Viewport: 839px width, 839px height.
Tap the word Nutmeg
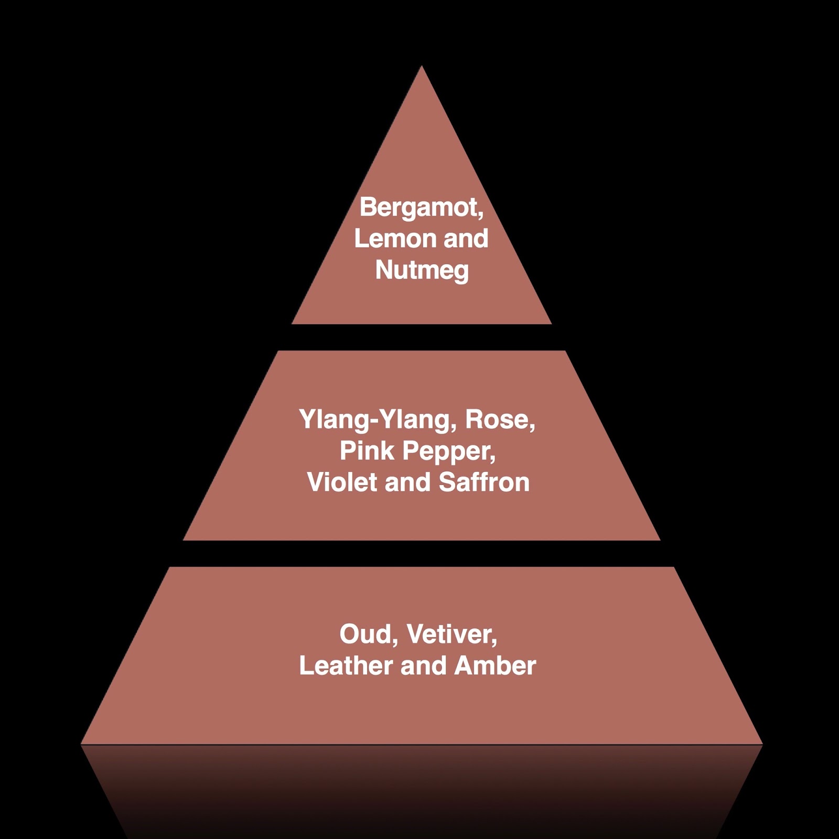click(422, 270)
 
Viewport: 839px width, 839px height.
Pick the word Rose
click(499, 419)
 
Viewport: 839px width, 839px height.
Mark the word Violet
click(342, 482)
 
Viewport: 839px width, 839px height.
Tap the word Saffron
click(484, 482)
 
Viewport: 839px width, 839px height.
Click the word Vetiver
click(451, 634)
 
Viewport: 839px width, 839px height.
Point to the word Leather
click(346, 666)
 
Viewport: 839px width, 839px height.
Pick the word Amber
click(495, 666)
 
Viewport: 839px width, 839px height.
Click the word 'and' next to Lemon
click(466, 239)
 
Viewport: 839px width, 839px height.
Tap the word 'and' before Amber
click(423, 666)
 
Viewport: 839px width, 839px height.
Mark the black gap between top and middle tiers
click(422, 337)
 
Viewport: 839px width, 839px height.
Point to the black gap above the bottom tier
click(422, 553)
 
